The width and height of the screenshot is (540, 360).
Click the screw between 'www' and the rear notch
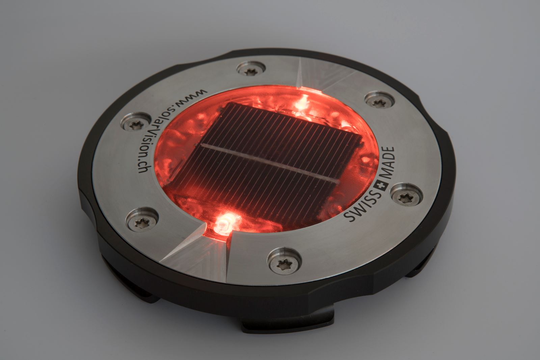pos(250,70)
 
